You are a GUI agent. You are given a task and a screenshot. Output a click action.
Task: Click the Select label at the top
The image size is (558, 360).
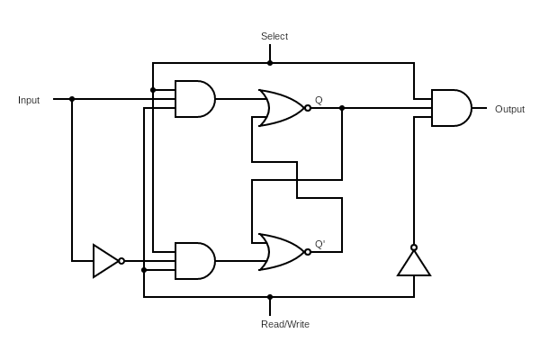point(274,36)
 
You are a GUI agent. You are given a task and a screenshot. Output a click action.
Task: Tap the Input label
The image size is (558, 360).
point(29,100)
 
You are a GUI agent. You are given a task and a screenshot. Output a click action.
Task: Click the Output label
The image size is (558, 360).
point(509,109)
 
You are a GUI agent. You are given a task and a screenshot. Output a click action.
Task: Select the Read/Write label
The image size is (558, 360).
point(284,324)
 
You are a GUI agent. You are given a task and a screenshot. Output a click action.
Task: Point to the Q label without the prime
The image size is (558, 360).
point(319,100)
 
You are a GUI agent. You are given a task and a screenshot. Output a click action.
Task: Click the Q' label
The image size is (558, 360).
point(319,244)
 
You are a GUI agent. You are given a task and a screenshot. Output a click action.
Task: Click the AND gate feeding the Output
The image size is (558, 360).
point(450,108)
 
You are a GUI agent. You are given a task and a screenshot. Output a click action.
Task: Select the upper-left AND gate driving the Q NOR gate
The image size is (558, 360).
point(193,99)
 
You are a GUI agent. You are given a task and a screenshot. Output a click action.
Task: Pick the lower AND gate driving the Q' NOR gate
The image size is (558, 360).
point(193,261)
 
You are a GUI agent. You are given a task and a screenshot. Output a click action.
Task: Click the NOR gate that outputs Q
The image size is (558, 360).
point(281,108)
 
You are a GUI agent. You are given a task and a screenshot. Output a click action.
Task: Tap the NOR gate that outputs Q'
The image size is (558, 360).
point(281,252)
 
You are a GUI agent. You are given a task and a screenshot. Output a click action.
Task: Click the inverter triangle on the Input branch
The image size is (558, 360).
point(104,261)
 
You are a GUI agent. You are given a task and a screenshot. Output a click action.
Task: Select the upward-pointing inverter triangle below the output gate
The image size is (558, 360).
point(414,264)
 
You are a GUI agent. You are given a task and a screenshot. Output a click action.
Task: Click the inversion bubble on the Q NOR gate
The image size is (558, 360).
point(308,108)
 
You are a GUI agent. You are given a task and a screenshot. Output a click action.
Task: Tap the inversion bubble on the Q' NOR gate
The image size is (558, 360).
point(308,252)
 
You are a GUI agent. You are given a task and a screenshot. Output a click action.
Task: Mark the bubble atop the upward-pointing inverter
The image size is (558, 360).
point(414,247)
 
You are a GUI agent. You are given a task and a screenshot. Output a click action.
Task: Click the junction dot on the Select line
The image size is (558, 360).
point(270,63)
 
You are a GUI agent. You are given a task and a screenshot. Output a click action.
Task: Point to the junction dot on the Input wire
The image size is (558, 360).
point(72,99)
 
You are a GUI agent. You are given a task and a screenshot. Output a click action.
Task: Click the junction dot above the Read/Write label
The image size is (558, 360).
point(270,297)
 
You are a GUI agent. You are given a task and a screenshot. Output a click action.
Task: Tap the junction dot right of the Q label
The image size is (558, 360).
point(342,108)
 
